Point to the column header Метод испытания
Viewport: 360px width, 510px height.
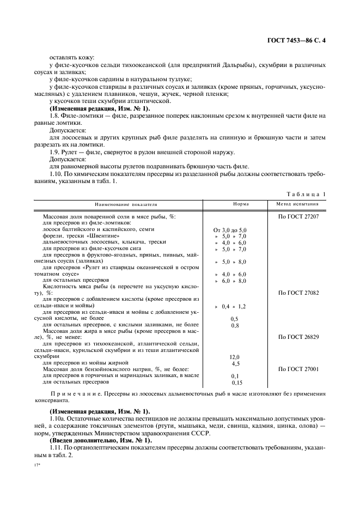pos(298,204)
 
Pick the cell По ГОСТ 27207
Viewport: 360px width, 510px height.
pos(298,216)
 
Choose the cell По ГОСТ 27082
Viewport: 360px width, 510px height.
pos(298,293)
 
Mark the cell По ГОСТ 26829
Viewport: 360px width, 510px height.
pos(298,337)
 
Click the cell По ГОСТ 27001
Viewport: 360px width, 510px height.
pos(298,369)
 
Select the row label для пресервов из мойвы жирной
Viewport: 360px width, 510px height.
pos(86,362)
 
